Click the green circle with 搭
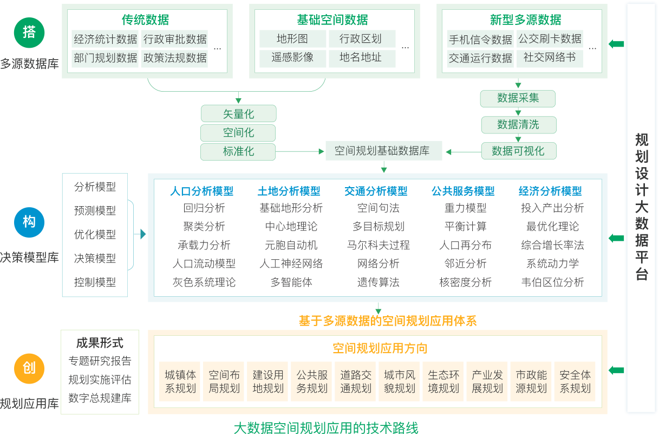coord(29,32)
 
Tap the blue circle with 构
coord(29,222)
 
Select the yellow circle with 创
coord(29,368)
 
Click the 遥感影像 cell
coord(292,58)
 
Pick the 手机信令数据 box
coord(480,40)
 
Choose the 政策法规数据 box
coord(175,58)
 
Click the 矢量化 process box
coord(238,114)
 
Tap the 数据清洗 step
coord(518,125)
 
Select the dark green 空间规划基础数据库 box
coord(383,150)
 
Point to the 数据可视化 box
coord(518,151)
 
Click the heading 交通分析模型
coord(376,191)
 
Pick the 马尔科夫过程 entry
coord(378,245)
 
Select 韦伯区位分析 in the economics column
coord(552,282)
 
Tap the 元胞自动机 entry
coord(291,245)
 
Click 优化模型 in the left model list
coord(95,234)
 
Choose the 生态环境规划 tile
coord(443,381)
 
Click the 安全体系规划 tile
coord(575,381)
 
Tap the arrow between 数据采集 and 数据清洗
coord(518,111)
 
